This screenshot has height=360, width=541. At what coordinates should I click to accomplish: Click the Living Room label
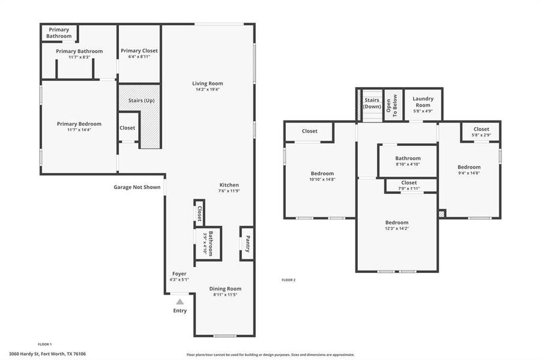coord(207,83)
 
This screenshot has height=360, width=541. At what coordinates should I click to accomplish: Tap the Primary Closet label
coord(139,50)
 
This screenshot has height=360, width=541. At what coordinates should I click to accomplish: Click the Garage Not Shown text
coord(137,187)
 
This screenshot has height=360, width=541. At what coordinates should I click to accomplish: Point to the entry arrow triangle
coord(180,302)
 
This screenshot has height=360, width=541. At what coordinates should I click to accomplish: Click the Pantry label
coord(247,244)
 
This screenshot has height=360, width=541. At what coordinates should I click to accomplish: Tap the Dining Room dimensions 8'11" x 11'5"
coord(225,295)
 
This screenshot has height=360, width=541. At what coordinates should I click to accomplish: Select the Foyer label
coord(179,274)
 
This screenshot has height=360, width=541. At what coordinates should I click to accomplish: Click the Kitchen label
coord(229,185)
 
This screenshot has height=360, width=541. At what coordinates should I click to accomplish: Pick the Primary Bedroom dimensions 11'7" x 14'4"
coord(79,130)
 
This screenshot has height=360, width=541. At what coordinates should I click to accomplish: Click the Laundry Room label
coord(423,101)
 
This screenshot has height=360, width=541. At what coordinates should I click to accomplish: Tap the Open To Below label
coord(392,106)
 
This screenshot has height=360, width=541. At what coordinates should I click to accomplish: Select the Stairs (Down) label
coord(372,103)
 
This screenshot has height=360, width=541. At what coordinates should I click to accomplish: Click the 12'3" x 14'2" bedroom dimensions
coord(396,228)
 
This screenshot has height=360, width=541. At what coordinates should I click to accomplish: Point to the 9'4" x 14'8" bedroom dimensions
coord(469,173)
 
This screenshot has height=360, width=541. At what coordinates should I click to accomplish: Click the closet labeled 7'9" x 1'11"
coord(409,189)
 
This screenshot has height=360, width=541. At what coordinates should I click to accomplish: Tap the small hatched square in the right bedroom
coord(442,214)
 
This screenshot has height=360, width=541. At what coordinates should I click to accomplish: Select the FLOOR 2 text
coord(289,280)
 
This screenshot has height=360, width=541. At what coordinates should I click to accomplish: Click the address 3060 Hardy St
coord(47,354)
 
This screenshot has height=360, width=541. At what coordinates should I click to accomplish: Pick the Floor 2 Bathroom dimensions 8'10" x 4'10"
coord(408,164)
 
